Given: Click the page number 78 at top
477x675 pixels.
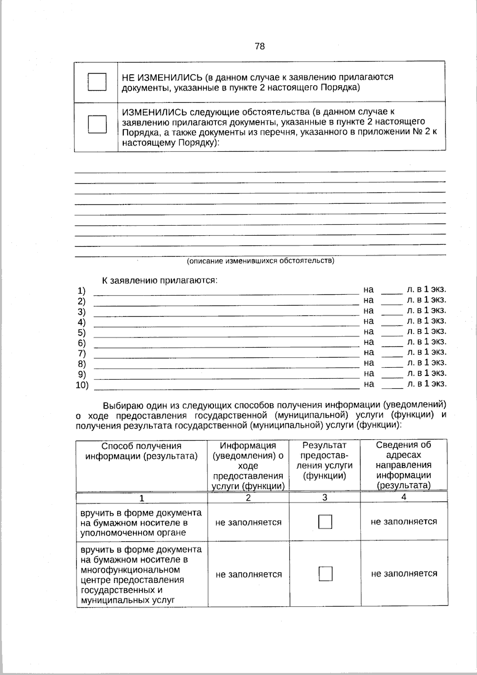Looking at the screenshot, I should coord(260,47).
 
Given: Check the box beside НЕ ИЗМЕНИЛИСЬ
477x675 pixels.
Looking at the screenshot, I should coord(97,82).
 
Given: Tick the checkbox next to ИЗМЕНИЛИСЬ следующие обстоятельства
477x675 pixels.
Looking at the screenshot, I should coord(97,124).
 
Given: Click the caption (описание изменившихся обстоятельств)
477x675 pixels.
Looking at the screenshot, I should coord(260,261).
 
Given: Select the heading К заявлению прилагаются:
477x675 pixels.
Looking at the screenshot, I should coord(160,280).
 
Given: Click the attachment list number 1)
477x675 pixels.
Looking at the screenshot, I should coord(81,291).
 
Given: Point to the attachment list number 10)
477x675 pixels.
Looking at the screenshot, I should coord(82,385).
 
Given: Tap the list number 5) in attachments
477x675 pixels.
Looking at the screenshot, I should coord(81,333).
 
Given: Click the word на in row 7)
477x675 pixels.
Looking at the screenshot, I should coord(368,352).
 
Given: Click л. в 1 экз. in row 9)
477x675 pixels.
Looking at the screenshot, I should coord(427,373).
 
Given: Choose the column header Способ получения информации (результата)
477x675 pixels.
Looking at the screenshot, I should coord(142,451).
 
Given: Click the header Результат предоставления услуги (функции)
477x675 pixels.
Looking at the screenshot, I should coord(324,460).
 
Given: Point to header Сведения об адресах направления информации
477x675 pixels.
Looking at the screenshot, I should coord(403,465).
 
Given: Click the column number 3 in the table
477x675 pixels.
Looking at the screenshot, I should coord(325,497).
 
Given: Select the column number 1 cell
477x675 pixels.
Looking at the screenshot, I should coord(142,498).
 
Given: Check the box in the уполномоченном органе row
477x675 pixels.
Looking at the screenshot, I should coord(325,522).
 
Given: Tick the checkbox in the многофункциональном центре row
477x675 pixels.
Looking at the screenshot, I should coord(326,574).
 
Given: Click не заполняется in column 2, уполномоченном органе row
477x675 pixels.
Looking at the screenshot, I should coord(248,522).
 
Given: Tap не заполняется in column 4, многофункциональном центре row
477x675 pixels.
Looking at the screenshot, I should coord(404,574).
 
